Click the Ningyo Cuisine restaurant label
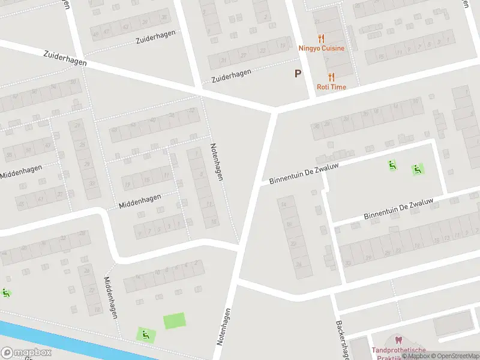point(322,48)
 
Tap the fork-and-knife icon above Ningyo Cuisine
point(322,38)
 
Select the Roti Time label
point(332,86)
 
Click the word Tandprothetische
point(398,350)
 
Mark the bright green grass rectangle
point(175,321)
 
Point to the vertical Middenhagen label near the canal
point(111,297)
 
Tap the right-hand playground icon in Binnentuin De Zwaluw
point(418,169)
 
